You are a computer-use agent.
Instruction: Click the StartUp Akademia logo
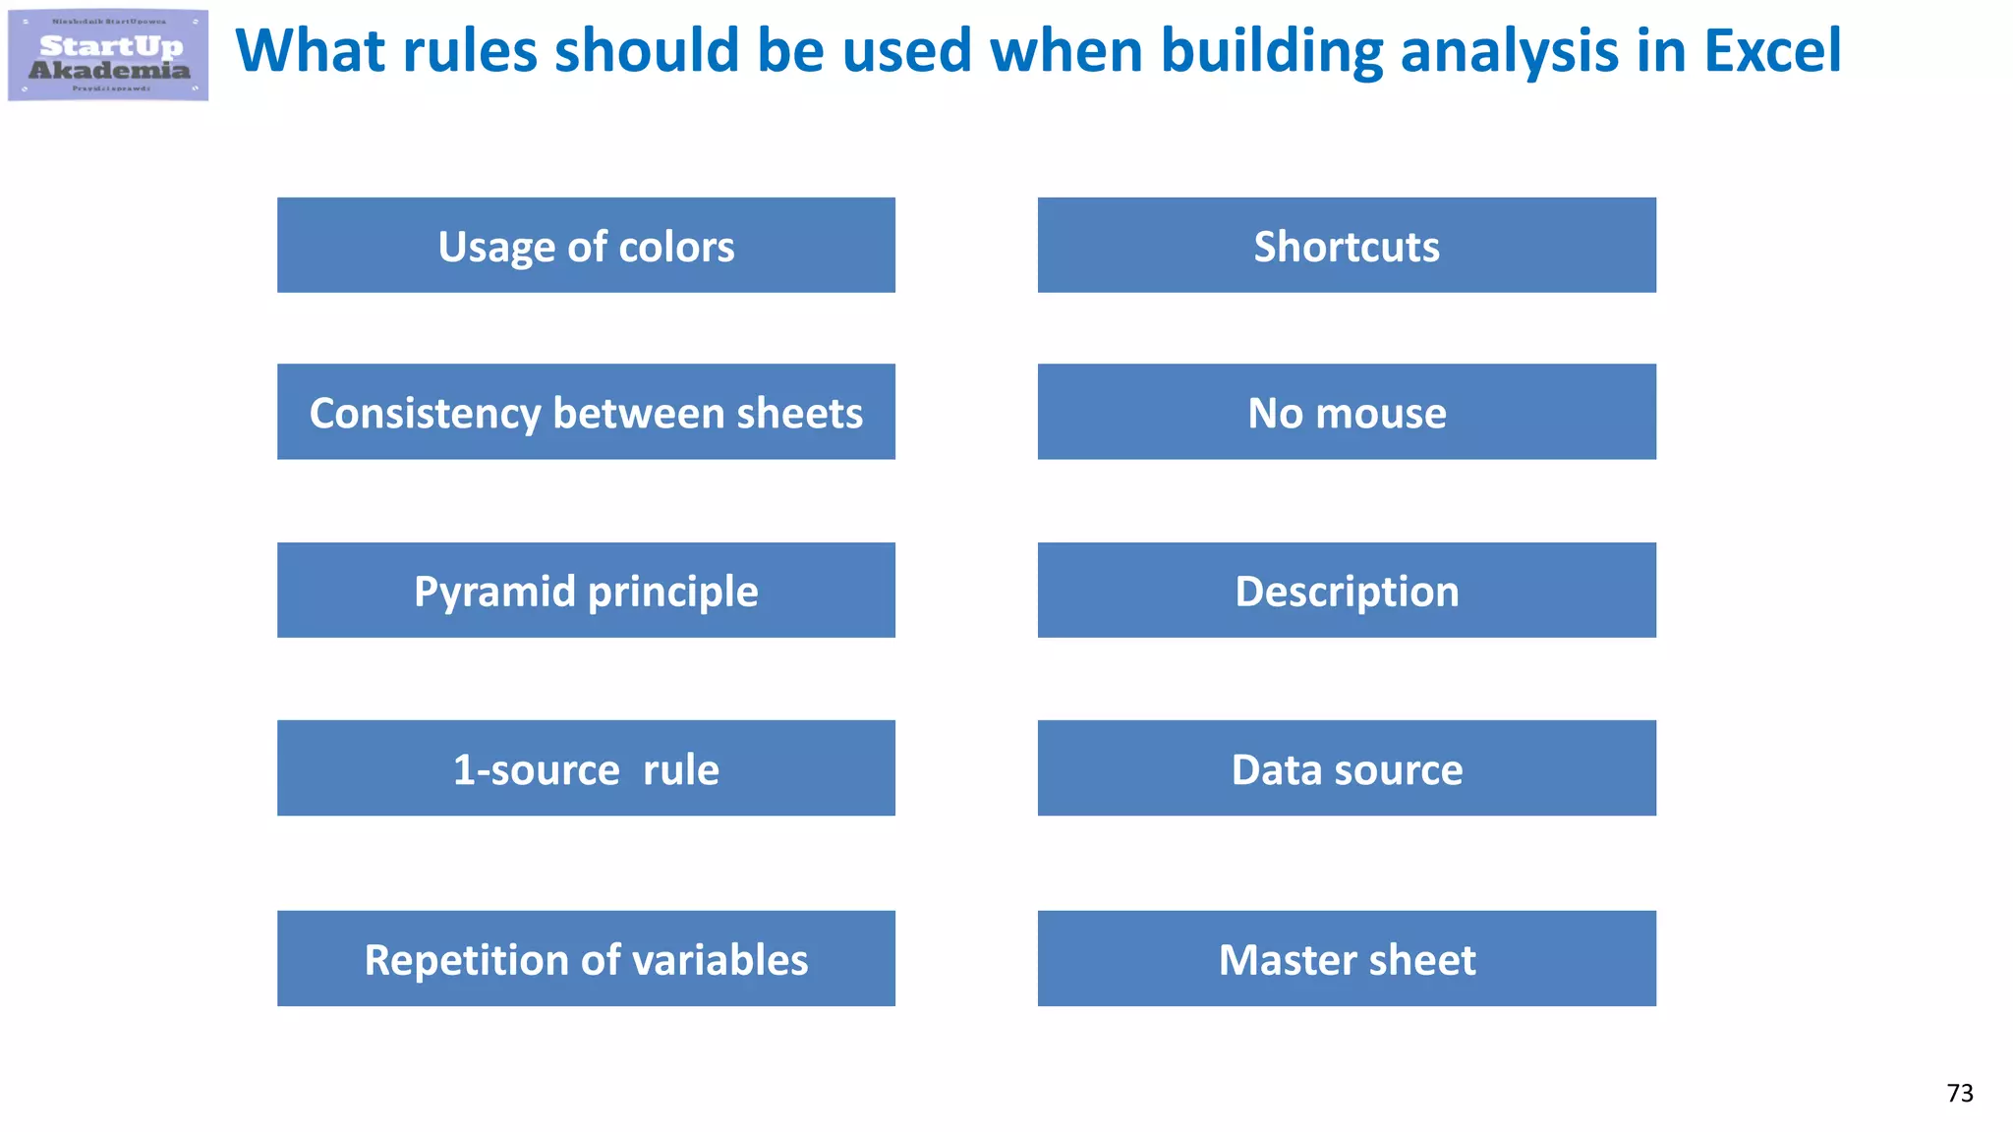[108, 55]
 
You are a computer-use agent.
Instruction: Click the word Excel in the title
[1772, 51]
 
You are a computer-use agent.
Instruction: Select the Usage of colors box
[586, 246]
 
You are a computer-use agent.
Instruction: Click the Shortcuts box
[1347, 246]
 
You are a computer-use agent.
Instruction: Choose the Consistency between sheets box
[586, 412]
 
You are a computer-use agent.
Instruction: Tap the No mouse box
[1347, 412]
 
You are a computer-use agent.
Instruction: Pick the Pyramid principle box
[586, 591]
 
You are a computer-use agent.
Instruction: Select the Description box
[1347, 591]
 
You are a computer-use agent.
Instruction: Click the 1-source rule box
[586, 768]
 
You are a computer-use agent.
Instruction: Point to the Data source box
[1347, 768]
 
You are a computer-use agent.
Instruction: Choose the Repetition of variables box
[586, 959]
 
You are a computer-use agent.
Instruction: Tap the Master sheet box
[1347, 959]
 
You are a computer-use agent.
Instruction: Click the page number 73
[1959, 1093]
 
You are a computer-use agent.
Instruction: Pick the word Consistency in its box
[425, 414]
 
